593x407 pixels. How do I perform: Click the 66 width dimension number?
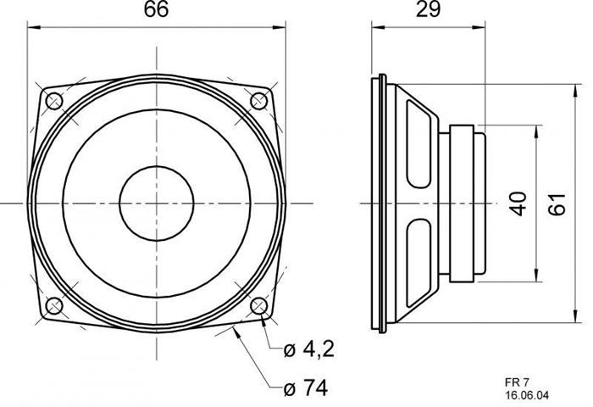click(x=156, y=9)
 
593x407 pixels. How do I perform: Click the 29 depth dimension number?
click(x=428, y=9)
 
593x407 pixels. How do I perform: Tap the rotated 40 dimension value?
click(x=519, y=203)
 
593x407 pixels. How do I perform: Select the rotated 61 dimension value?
click(x=557, y=203)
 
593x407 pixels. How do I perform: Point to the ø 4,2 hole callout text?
click(x=309, y=349)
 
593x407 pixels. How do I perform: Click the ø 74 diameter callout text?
click(x=306, y=387)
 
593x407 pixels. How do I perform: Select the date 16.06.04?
click(x=527, y=395)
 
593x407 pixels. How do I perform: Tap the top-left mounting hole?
click(x=53, y=101)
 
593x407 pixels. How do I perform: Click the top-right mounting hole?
click(x=259, y=101)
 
